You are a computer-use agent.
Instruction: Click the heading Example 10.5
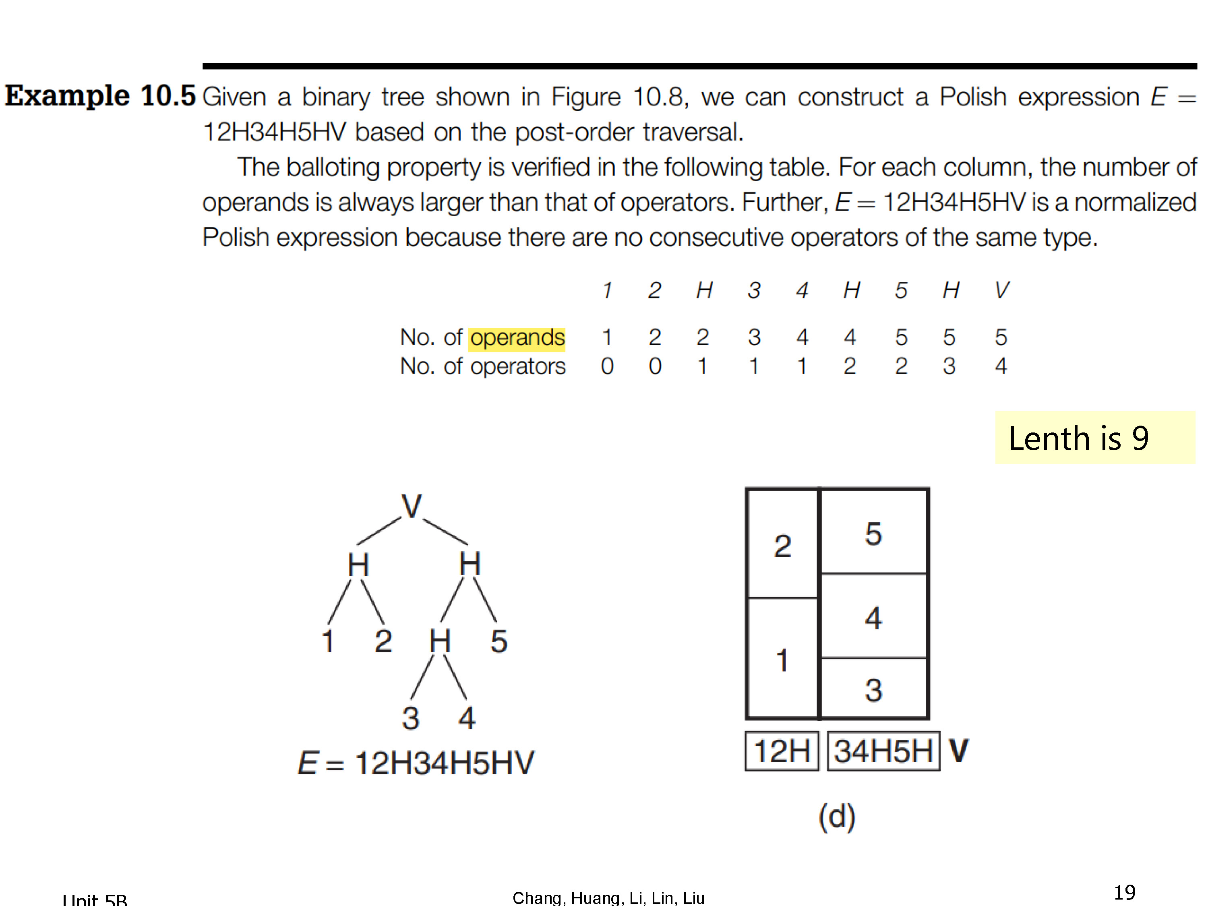tap(100, 96)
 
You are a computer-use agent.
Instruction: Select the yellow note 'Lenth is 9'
tap(1095, 437)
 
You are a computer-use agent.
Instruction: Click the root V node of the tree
tap(412, 506)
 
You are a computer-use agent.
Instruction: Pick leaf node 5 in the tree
tap(499, 641)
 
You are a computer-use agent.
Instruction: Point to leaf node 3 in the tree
tap(411, 718)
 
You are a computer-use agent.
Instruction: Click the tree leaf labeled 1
tap(328, 641)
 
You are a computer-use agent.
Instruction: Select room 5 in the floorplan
tap(874, 532)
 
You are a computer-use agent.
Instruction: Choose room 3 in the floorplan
tap(874, 688)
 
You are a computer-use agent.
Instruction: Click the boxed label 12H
tap(782, 751)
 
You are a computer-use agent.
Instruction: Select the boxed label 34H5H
tap(883, 751)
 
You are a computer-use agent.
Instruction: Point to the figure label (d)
tap(837, 817)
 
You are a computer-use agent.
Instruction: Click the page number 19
tap(1124, 892)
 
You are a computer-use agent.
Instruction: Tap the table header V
tap(1001, 290)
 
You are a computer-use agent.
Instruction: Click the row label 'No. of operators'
tap(483, 366)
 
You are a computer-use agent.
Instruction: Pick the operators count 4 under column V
tap(1001, 366)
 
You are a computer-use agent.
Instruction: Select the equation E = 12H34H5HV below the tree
tap(416, 763)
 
